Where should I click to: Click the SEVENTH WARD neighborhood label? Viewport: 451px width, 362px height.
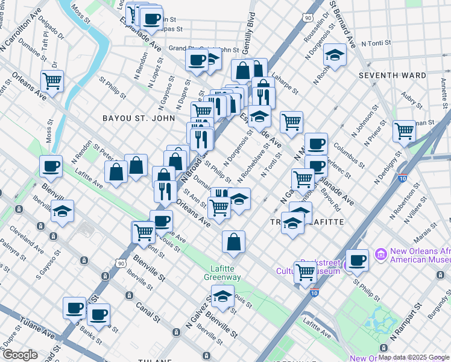(x=392, y=75)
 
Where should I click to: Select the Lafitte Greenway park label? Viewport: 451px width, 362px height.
(x=226, y=273)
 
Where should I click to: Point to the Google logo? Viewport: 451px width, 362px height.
(x=20, y=355)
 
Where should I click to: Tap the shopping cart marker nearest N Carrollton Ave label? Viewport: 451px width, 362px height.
(x=52, y=80)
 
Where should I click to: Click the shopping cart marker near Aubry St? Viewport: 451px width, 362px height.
(x=404, y=130)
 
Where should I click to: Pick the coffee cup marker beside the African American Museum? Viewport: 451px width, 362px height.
(x=357, y=260)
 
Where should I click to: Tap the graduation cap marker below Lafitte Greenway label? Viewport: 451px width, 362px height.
(x=222, y=297)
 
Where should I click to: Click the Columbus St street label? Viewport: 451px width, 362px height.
(x=350, y=154)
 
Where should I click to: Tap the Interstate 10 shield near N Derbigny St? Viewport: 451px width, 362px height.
(x=402, y=177)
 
